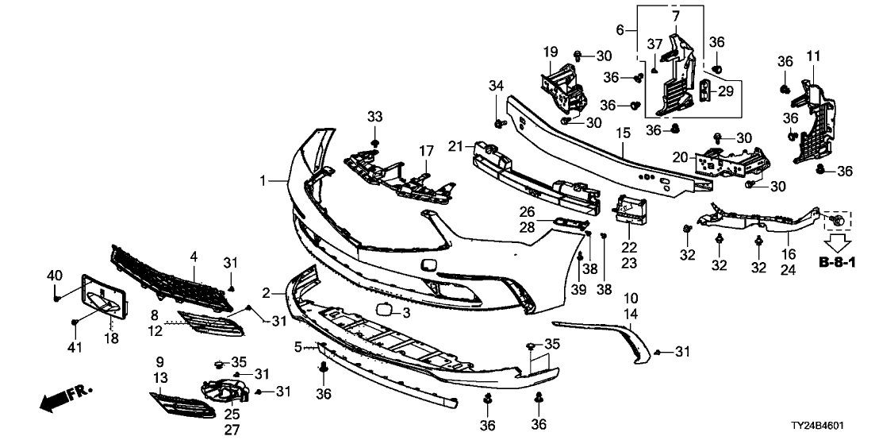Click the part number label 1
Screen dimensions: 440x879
(x=263, y=182)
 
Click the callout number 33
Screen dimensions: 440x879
(x=374, y=118)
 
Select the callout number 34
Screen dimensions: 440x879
(x=496, y=85)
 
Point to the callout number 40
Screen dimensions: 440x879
(x=53, y=276)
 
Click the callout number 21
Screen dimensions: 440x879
(x=454, y=146)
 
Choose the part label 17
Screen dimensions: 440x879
(x=427, y=149)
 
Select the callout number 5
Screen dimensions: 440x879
(x=298, y=347)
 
